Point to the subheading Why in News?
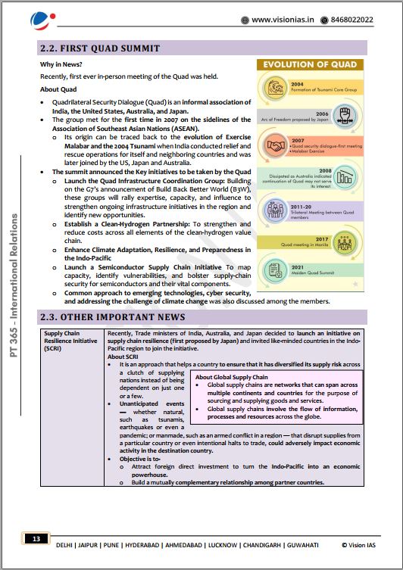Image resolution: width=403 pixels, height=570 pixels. pos(61,65)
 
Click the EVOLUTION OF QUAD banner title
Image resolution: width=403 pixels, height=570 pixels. pos(310,66)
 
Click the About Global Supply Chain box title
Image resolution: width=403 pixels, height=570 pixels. pos(232,377)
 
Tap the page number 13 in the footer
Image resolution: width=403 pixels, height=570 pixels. pos(36,540)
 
